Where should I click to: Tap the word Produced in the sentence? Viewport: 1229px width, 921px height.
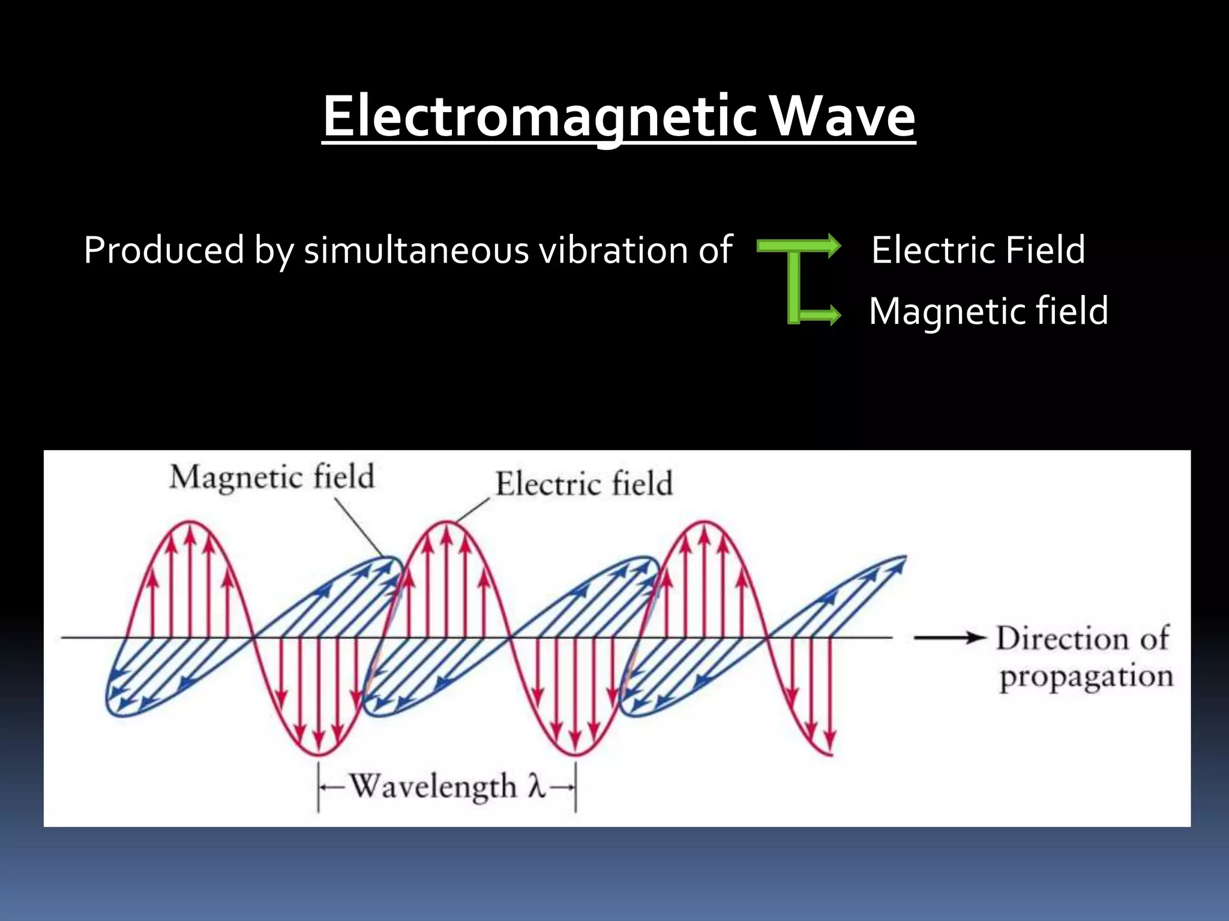164,250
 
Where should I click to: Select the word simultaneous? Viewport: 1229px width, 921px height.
416,250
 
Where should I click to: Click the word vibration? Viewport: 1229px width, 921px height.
613,250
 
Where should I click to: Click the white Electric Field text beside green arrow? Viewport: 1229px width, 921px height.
978,250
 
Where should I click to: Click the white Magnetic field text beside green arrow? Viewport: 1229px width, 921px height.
988,311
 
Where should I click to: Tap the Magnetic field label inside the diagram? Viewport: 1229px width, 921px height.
272,478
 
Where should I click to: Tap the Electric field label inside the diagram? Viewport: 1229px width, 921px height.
583,484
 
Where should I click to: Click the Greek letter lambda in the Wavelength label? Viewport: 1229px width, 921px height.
536,786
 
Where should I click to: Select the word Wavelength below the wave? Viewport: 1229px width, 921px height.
433,786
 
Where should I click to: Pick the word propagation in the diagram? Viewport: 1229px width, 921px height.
1086,677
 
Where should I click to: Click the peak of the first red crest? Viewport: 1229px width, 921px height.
190,522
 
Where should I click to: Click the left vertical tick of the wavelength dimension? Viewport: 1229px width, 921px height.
318,787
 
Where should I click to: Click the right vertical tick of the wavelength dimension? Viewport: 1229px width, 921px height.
575,787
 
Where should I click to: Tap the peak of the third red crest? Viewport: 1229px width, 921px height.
705,522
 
